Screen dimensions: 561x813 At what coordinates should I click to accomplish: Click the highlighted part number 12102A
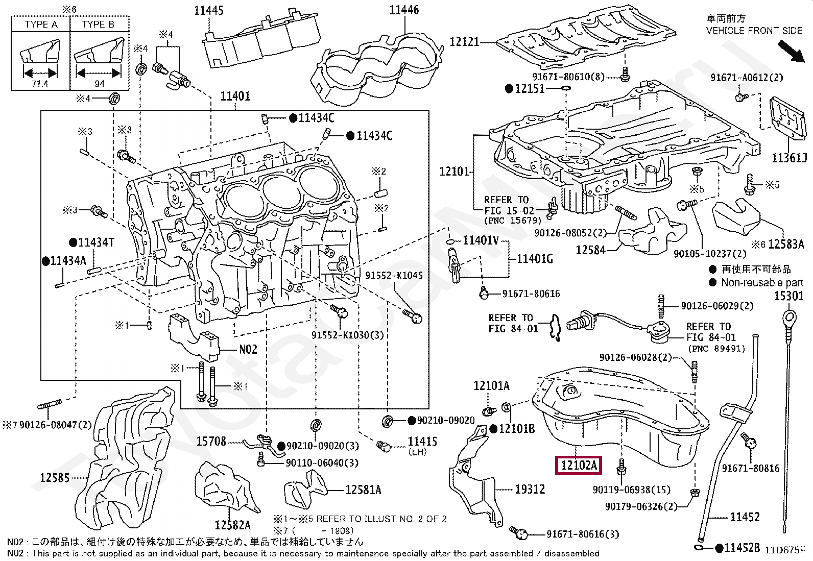[x=579, y=465]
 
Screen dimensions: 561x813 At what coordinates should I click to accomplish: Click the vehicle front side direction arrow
[x=791, y=52]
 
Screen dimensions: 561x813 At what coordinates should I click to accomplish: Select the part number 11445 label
[x=208, y=10]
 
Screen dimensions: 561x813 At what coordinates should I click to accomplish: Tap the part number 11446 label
[x=403, y=10]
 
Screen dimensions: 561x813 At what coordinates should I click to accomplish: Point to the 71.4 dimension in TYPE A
[x=40, y=84]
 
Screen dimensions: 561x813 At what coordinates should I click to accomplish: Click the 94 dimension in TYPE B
[x=100, y=84]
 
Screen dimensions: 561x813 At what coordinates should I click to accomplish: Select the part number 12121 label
[x=464, y=42]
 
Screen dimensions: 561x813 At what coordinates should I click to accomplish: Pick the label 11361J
[x=789, y=158]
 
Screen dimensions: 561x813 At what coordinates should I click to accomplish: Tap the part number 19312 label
[x=530, y=490]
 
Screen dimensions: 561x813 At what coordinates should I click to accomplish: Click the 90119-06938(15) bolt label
[x=631, y=490]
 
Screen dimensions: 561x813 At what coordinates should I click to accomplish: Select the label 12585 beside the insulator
[x=55, y=478]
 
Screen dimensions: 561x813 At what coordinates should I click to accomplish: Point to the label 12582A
[x=232, y=525]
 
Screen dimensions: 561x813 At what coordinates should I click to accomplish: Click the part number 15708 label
[x=211, y=442]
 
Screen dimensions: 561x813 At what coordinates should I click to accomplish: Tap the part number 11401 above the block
[x=235, y=96]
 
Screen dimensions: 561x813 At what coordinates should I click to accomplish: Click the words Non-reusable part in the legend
[x=762, y=283]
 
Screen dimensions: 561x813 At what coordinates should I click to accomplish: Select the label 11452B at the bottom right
[x=742, y=548]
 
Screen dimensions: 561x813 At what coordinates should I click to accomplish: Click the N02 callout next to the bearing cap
[x=248, y=350]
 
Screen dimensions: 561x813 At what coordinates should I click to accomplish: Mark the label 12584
[x=590, y=250]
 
